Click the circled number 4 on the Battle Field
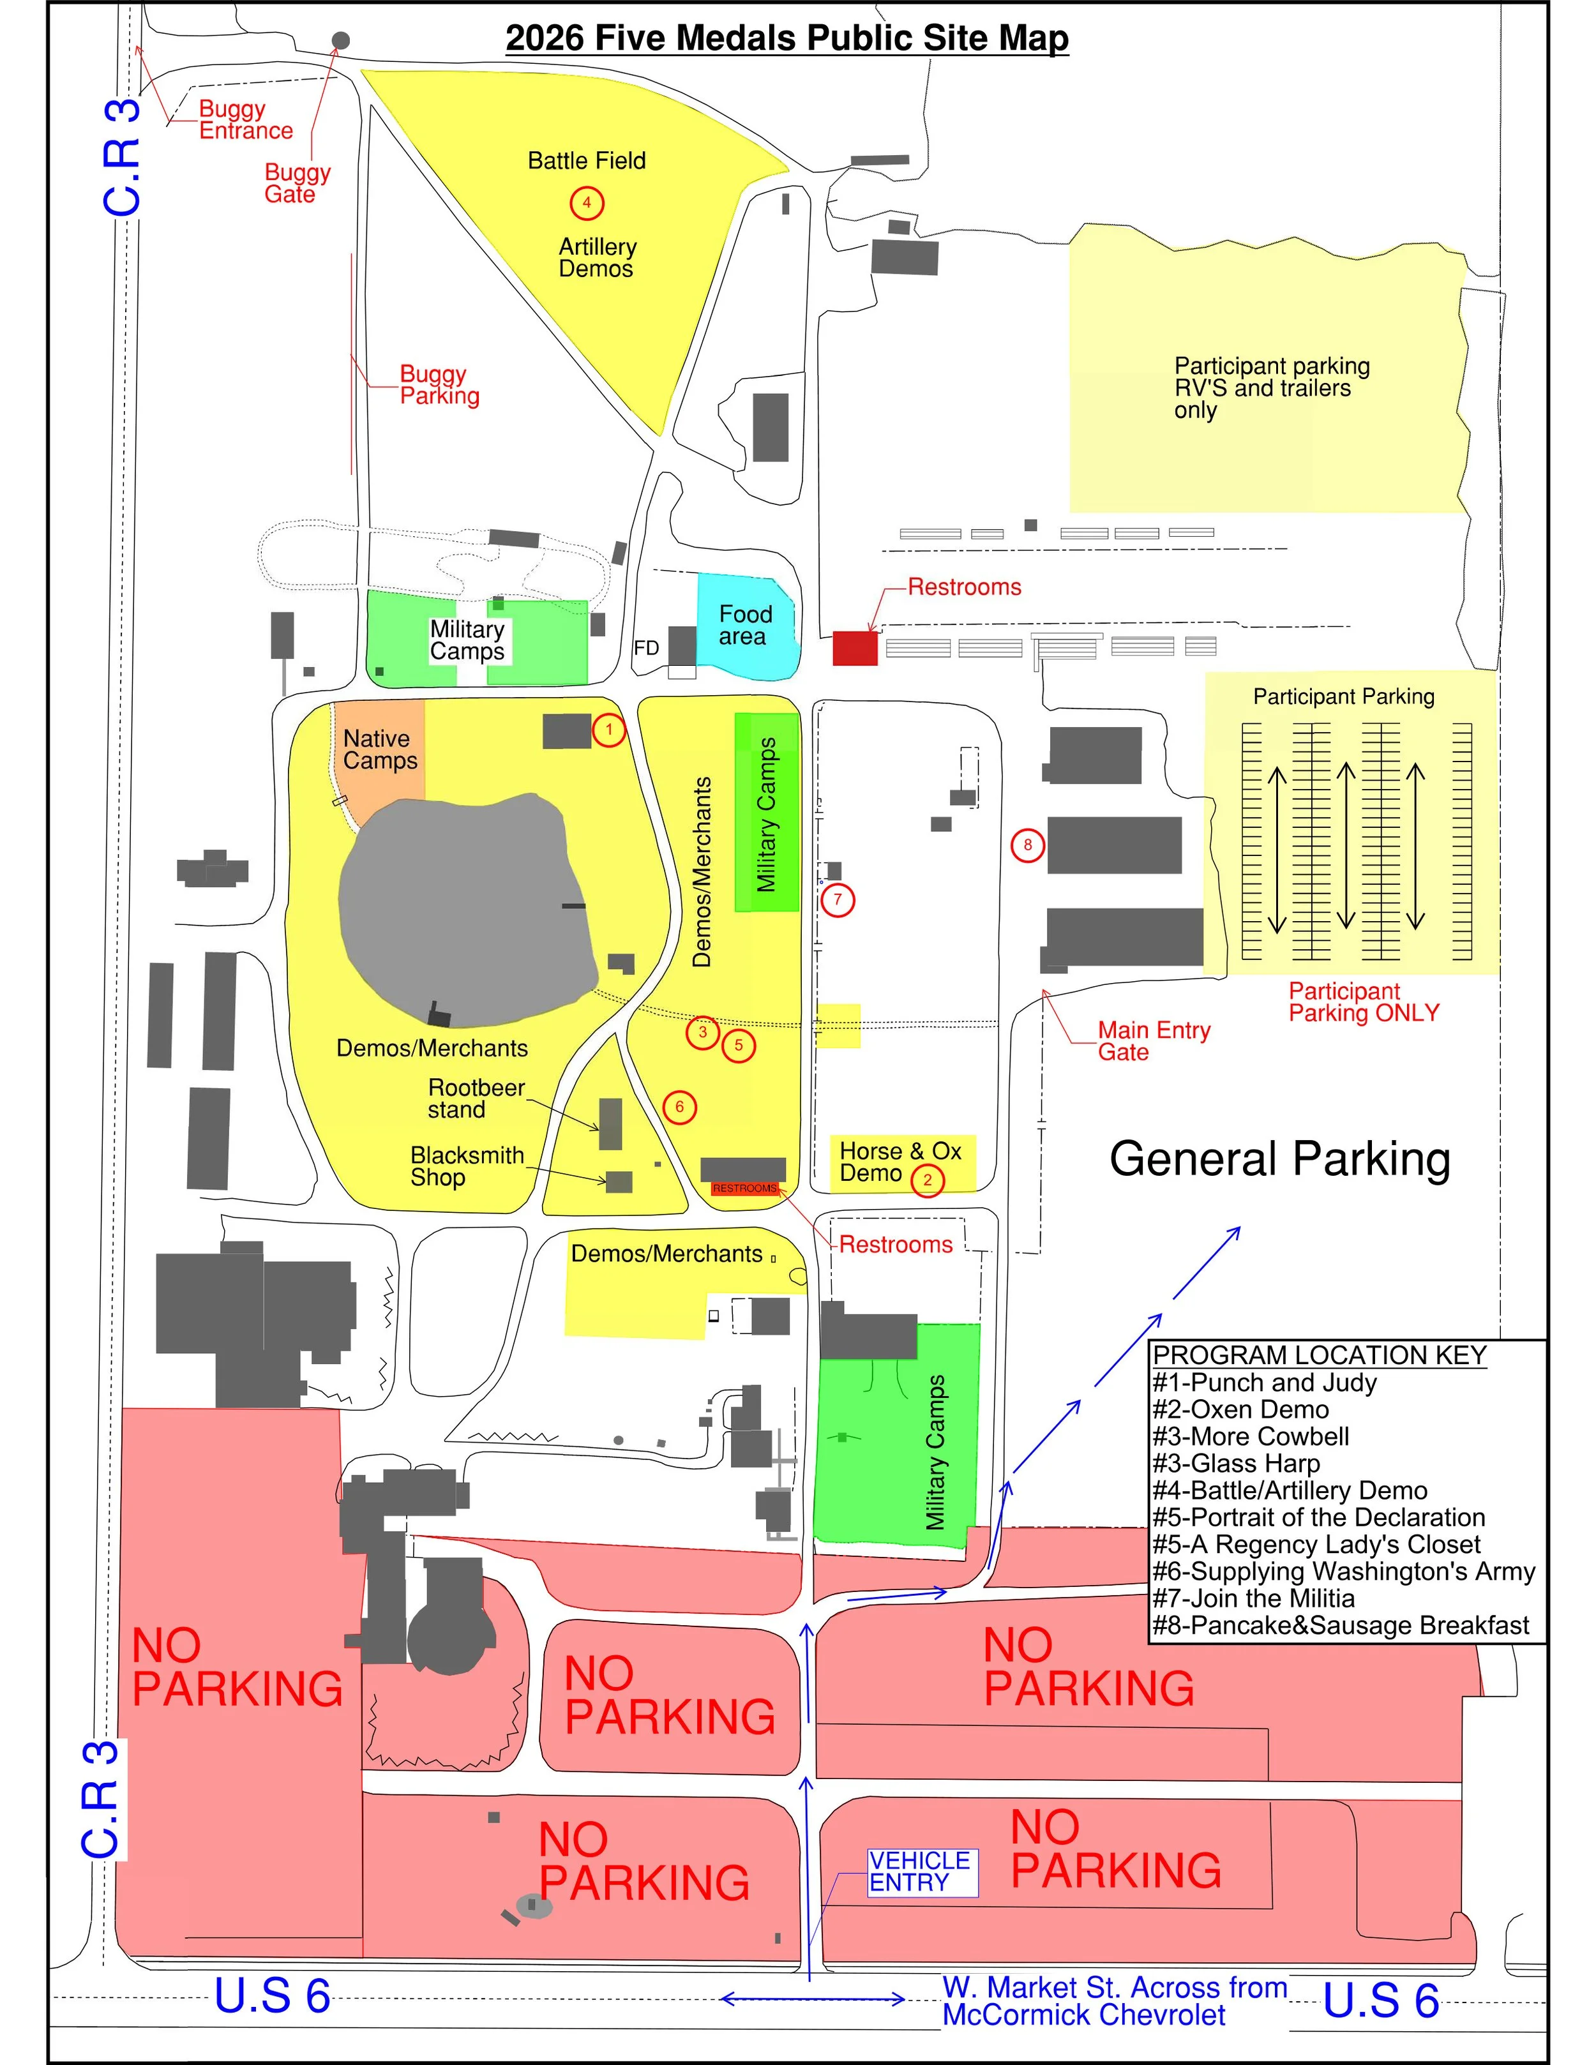click(x=586, y=202)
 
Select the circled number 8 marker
click(x=1028, y=845)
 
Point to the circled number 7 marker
click(x=837, y=899)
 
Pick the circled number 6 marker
click(x=679, y=1108)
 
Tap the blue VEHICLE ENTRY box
click(x=922, y=1872)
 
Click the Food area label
click(x=744, y=625)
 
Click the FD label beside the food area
click(x=646, y=648)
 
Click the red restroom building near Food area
click(x=855, y=648)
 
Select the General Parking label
click(x=1279, y=1159)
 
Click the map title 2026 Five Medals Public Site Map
click(x=787, y=38)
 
